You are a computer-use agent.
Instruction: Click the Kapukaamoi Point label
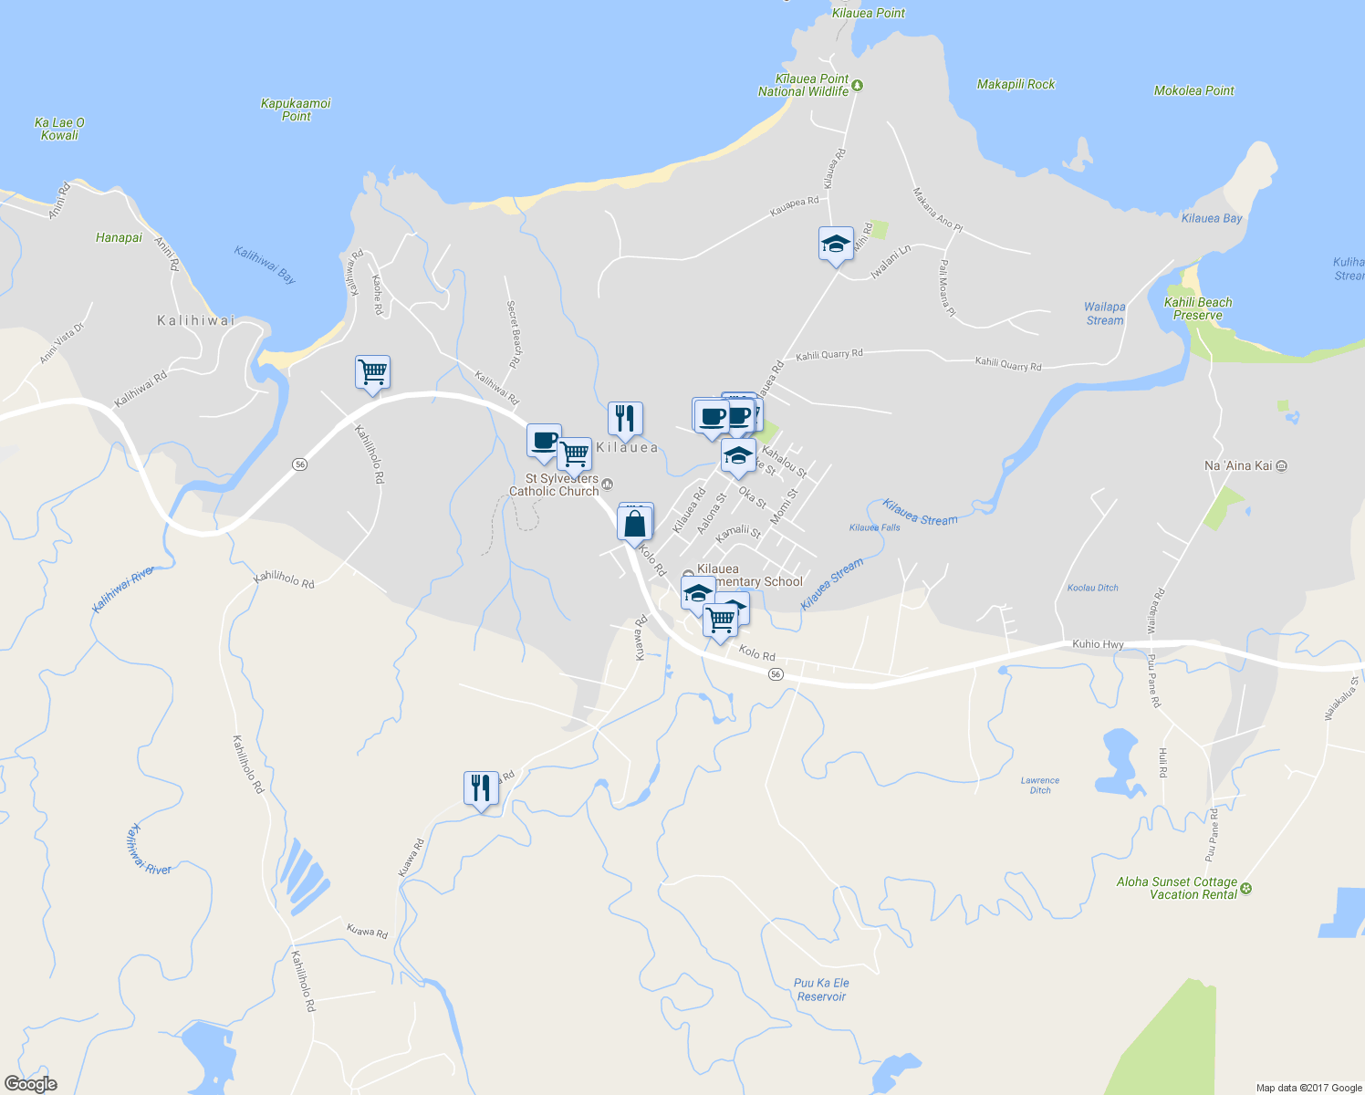[x=296, y=109]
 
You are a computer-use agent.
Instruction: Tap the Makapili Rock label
[x=1016, y=85]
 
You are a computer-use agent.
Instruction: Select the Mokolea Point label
[x=1193, y=91]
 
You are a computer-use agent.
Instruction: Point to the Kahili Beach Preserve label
[x=1198, y=308]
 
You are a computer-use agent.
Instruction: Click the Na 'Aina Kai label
[x=1237, y=466]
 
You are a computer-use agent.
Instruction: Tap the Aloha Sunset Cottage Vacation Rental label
[x=1177, y=888]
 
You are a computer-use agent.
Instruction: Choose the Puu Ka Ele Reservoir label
[x=821, y=990]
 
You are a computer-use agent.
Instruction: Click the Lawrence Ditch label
[x=1040, y=786]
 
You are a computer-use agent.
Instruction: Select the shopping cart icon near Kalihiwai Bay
[x=372, y=372]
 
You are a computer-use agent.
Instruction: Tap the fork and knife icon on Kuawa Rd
[x=481, y=787]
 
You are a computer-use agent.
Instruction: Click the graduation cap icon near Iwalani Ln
[x=836, y=245]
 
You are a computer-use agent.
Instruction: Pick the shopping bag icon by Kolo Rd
[x=635, y=525]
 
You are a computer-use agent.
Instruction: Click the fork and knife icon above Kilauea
[x=625, y=419]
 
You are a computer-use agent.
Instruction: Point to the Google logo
[x=31, y=1083]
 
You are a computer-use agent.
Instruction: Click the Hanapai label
[x=119, y=238]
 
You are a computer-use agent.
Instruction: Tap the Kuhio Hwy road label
[x=1098, y=644]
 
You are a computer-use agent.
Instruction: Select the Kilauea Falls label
[x=874, y=527]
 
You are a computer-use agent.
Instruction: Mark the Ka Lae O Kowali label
[x=59, y=129]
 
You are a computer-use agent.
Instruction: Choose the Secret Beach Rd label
[x=514, y=334]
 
